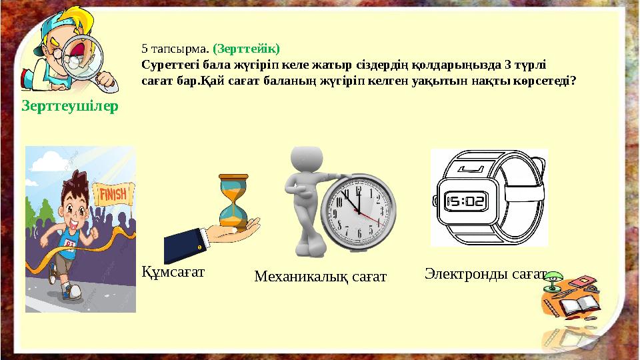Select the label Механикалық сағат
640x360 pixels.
[320, 275]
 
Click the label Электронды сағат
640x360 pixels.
[485, 273]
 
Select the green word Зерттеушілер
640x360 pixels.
[70, 106]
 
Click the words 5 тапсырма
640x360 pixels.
[175, 49]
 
